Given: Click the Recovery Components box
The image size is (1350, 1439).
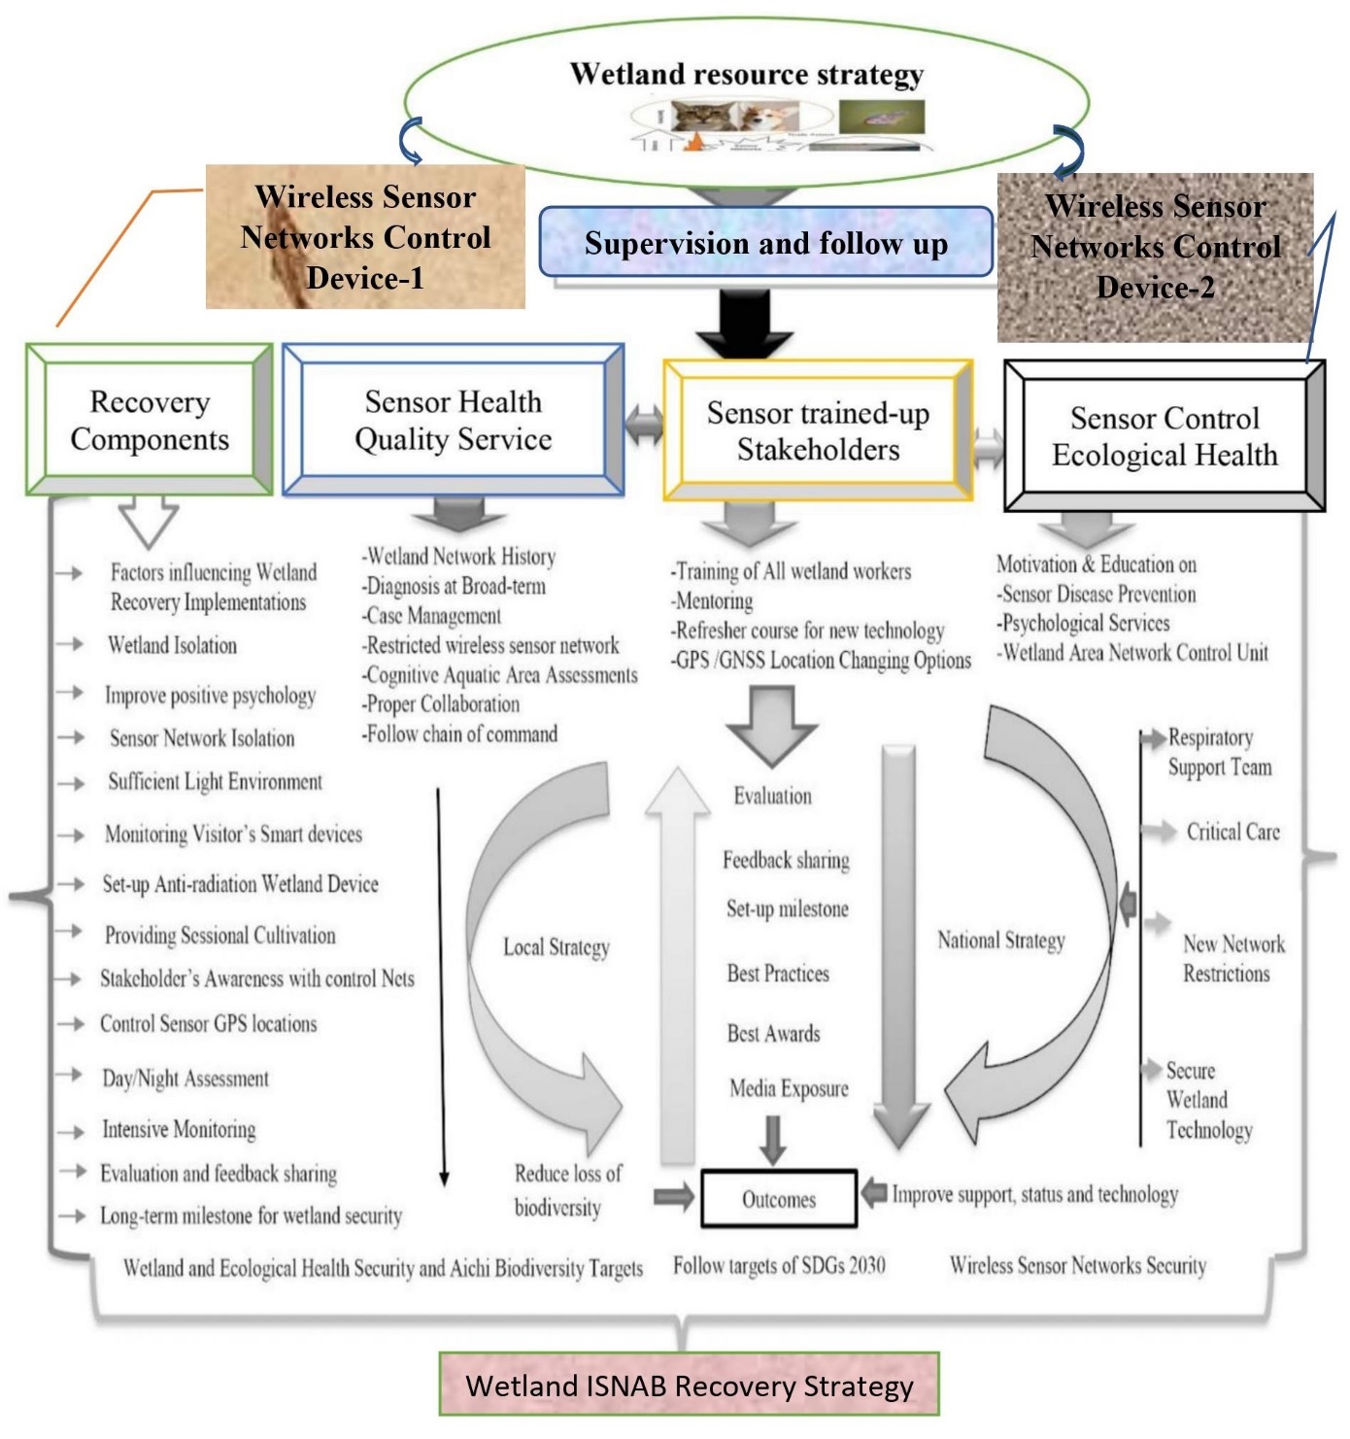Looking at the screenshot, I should tap(150, 420).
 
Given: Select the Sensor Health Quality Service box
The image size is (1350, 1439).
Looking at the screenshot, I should tap(453, 420).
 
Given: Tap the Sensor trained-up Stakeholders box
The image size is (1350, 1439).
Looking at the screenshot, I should tap(818, 430).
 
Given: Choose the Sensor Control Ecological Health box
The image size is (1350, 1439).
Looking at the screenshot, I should tap(1164, 436).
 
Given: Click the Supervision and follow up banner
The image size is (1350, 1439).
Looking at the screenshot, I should tap(765, 243).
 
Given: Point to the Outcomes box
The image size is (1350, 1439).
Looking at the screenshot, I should tap(779, 1199).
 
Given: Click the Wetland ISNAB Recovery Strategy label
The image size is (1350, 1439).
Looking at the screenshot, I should tap(689, 1385).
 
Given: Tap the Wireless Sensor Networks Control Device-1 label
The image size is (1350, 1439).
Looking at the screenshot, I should tap(365, 237).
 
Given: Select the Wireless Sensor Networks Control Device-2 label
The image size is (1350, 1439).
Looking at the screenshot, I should tap(1155, 247).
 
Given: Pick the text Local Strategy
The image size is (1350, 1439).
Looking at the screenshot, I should tap(557, 947).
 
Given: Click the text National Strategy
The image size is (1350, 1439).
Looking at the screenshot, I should tap(1001, 941).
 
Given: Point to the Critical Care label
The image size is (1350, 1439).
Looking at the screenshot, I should tap(1233, 832).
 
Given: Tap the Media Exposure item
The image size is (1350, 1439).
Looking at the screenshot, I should tap(789, 1088).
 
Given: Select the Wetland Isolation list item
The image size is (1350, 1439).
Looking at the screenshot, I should tap(172, 645).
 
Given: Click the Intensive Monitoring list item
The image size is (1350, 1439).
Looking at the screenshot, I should tap(179, 1129).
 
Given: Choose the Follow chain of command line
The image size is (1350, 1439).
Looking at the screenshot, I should tap(460, 734).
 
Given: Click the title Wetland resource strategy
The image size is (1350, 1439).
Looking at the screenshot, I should tap(746, 74).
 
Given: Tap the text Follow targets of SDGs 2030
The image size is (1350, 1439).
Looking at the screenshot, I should tap(779, 1265).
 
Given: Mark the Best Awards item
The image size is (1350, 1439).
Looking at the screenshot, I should tap(773, 1033).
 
